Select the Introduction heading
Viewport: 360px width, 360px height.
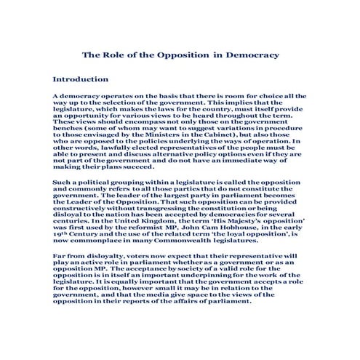click(81, 79)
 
